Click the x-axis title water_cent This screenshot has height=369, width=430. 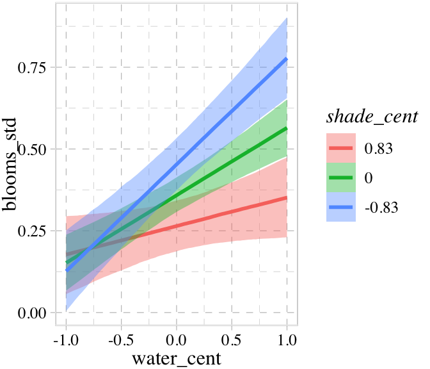[176, 357]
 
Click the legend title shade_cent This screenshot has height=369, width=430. [372, 117]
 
